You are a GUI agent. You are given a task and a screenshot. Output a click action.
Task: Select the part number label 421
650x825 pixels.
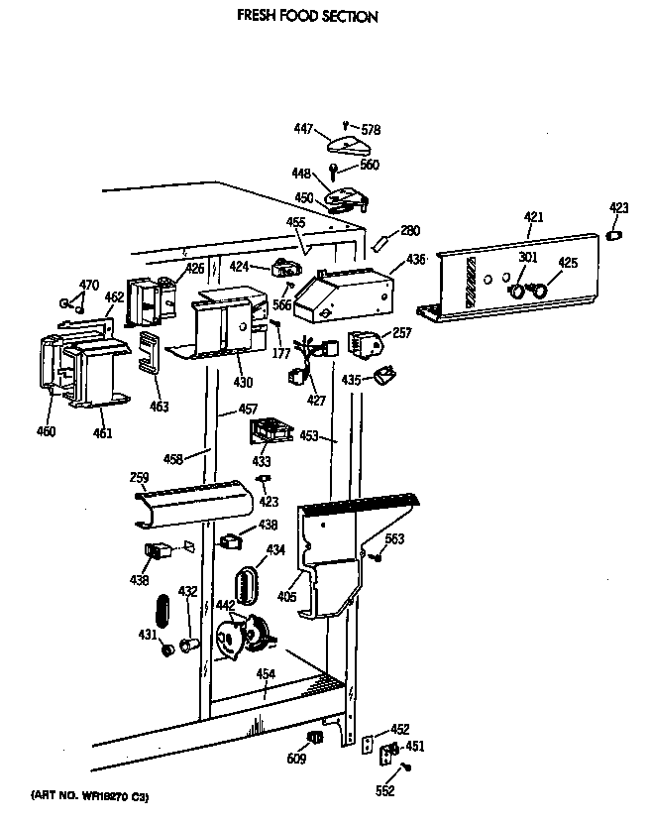point(534,215)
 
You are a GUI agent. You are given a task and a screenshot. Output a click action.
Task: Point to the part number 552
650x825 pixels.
point(385,790)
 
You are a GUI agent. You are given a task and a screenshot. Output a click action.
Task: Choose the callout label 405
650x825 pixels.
point(287,597)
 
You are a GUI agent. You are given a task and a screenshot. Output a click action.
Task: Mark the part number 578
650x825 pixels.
point(371,129)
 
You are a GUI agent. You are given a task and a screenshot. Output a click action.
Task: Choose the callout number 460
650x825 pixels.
point(47,431)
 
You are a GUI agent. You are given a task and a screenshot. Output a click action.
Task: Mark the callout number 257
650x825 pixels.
point(401,334)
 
